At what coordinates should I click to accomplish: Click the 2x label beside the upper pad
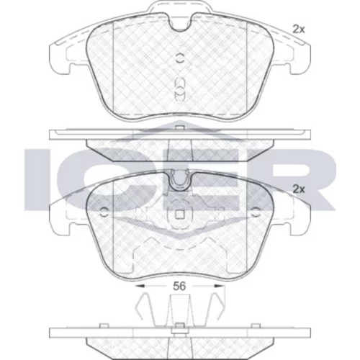[x=298, y=30]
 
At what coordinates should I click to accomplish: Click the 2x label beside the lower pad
[x=298, y=189]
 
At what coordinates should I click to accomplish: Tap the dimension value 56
[x=179, y=286]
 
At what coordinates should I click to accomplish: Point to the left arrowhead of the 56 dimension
[x=140, y=286]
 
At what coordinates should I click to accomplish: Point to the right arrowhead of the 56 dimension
[x=219, y=286]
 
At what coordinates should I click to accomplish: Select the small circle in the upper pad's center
[x=179, y=58]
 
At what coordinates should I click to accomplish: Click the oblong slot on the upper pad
[x=179, y=89]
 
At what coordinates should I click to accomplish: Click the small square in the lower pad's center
[x=179, y=215]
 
